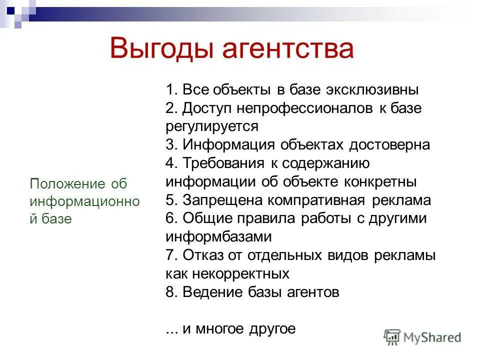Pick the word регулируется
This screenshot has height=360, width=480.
point(212,126)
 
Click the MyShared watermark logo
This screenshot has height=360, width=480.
point(423,336)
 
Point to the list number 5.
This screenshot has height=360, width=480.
point(170,200)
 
